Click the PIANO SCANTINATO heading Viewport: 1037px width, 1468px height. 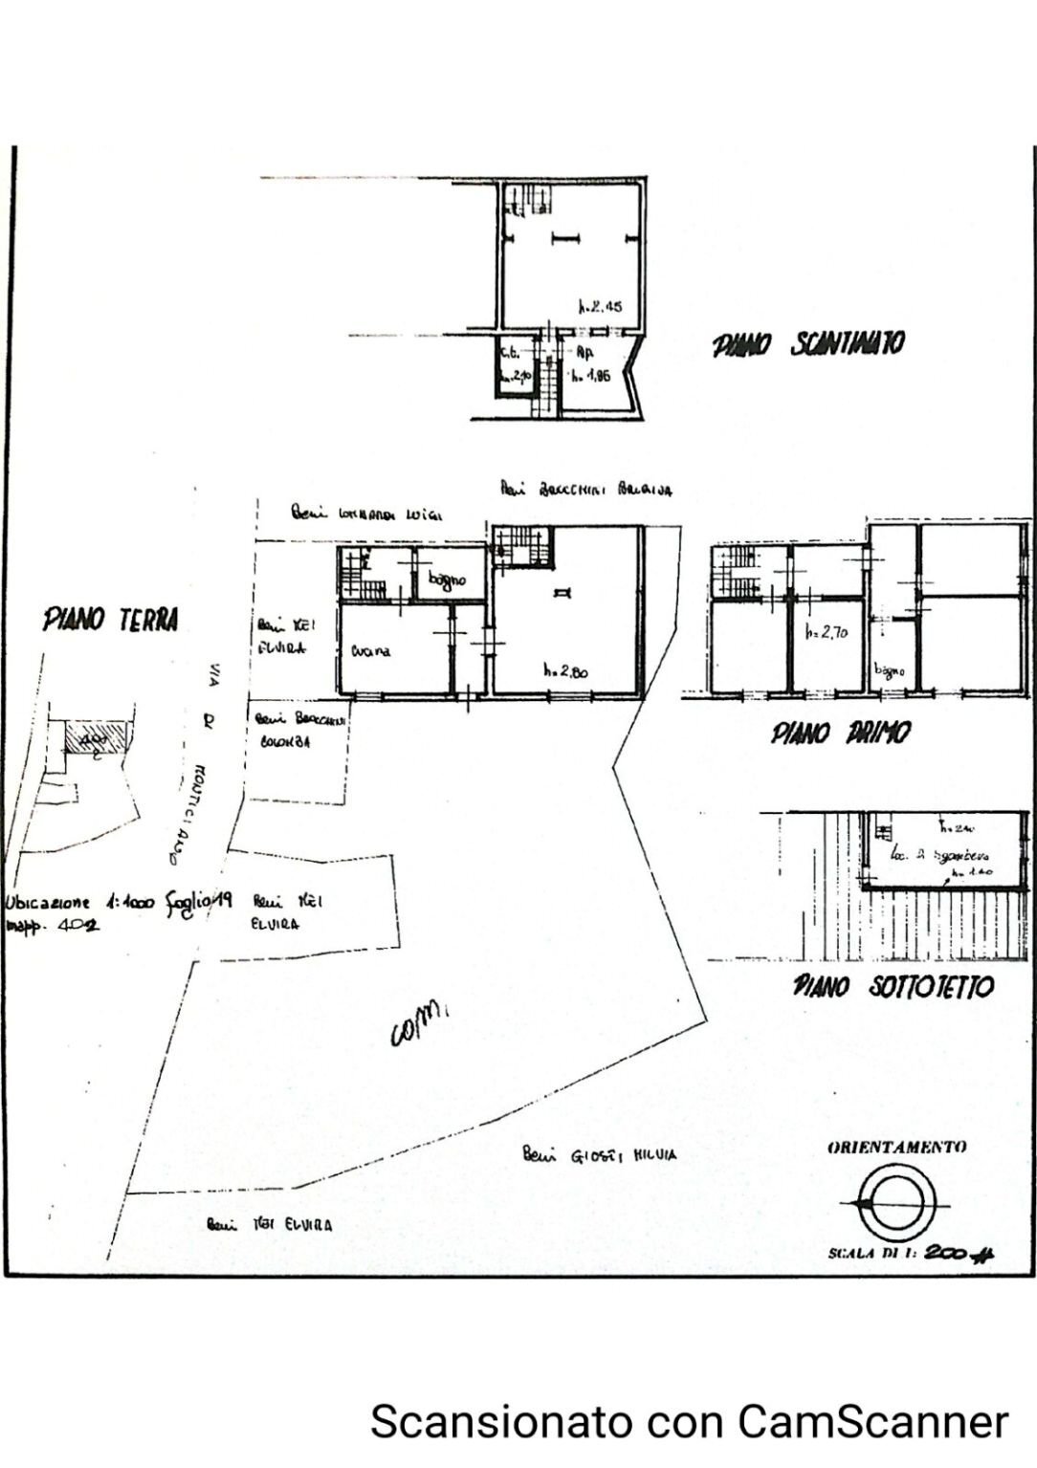pyautogui.click(x=807, y=345)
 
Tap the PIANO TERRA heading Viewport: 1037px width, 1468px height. pyautogui.click(x=110, y=620)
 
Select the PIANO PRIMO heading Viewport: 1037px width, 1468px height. pyautogui.click(x=841, y=733)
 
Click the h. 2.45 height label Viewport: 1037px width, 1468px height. pyautogui.click(x=601, y=307)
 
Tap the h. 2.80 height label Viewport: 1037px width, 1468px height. pyautogui.click(x=565, y=671)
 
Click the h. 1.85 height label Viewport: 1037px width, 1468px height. pyautogui.click(x=590, y=376)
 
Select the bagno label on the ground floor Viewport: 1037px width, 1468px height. pyautogui.click(x=447, y=579)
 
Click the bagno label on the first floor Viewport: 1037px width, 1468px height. pyautogui.click(x=888, y=671)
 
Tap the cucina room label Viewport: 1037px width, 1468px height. pyautogui.click(x=370, y=651)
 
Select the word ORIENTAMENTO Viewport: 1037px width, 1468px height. pyautogui.click(x=896, y=1147)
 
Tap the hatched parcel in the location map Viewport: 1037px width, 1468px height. pyautogui.click(x=96, y=739)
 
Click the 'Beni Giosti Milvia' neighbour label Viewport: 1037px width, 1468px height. pyautogui.click(x=600, y=1154)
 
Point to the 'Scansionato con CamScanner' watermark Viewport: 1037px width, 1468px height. pyautogui.click(x=689, y=1420)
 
